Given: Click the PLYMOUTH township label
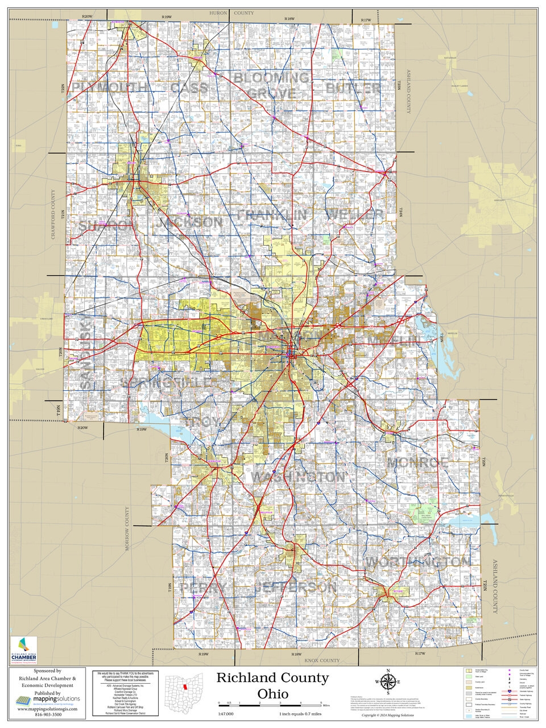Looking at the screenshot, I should pos(109,88).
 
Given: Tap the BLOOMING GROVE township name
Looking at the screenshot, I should pos(272,85).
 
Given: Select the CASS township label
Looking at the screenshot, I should pos(189,88).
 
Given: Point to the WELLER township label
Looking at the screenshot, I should pos(355,214).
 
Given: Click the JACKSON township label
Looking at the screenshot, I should pos(190,222).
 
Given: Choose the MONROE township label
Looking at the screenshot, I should pos(417,462).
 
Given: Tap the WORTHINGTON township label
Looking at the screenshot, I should pos(417,562).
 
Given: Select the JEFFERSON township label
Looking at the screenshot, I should pos(295,587).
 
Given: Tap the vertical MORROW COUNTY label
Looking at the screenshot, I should pos(127,528).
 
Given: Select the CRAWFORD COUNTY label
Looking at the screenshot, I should pos(54,214).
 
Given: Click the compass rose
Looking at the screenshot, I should pos(388,682).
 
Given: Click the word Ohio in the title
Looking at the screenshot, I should pos(272,694).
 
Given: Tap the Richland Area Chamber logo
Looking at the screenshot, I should pos(23,651).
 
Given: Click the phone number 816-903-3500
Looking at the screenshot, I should pos(48,714).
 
